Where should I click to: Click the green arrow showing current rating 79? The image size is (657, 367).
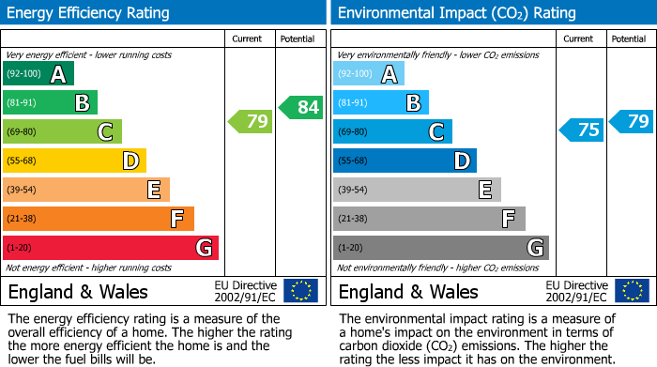pyautogui.click(x=251, y=121)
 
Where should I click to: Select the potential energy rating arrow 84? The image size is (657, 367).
pyautogui.click(x=300, y=108)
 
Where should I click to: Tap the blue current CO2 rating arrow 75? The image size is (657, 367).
pyautogui.click(x=582, y=130)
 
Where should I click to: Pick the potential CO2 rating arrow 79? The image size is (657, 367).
pyautogui.click(x=632, y=121)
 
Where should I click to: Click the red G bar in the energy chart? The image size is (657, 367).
pyautogui.click(x=111, y=248)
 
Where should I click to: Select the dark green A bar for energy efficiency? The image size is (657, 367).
pyautogui.click(x=38, y=74)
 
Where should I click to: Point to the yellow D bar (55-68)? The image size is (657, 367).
pyautogui.click(x=74, y=161)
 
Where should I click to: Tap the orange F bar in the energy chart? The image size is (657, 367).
pyautogui.click(x=99, y=219)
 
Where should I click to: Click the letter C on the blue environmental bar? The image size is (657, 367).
pyautogui.click(x=435, y=132)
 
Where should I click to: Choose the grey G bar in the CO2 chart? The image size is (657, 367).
pyautogui.click(x=441, y=248)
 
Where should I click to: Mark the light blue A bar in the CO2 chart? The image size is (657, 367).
pyautogui.click(x=369, y=74)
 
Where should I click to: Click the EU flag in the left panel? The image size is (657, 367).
pyautogui.click(x=300, y=291)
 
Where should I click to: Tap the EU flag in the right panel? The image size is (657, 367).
pyautogui.click(x=632, y=291)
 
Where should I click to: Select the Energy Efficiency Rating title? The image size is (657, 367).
pyautogui.click(x=89, y=13)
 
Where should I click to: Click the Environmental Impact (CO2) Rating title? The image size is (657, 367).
pyautogui.click(x=456, y=13)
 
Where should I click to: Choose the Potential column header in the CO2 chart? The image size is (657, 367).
pyautogui.click(x=629, y=38)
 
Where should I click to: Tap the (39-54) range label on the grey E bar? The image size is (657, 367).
pyautogui.click(x=353, y=191)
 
